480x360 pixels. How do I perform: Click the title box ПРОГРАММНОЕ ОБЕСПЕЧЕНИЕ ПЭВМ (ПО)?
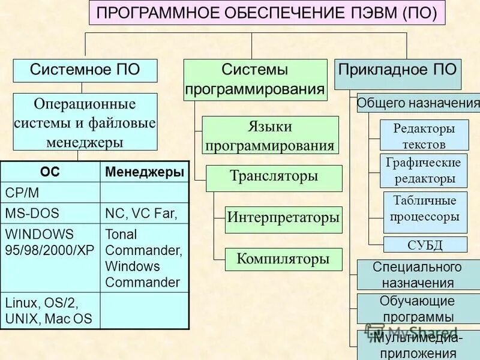point(267,13)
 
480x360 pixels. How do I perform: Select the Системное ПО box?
point(85,70)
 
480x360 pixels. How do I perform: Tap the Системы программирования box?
point(255,80)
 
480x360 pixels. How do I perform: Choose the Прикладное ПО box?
point(397,70)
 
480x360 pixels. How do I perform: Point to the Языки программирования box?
point(270,136)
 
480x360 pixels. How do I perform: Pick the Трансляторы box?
point(274,178)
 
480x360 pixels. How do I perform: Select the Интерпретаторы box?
point(283,218)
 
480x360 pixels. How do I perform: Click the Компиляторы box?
point(283,259)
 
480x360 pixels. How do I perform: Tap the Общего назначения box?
point(418,103)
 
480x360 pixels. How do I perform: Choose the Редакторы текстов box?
point(424,136)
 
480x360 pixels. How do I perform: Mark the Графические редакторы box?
point(424,170)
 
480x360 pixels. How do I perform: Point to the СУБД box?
point(425,244)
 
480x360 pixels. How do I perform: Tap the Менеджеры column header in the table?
point(145,172)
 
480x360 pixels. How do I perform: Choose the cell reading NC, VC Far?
point(145,212)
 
